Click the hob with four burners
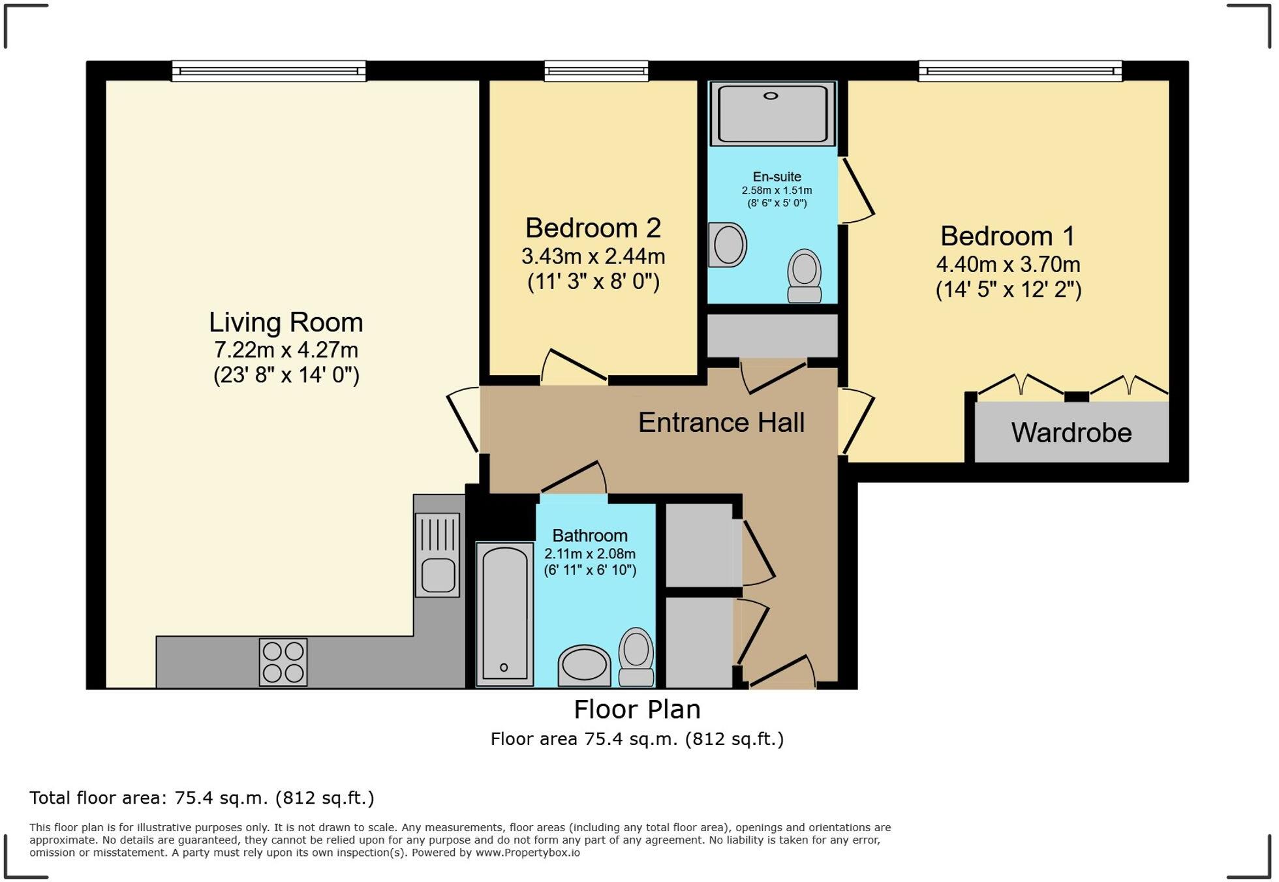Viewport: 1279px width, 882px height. click(283, 661)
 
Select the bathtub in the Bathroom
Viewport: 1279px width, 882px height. click(504, 613)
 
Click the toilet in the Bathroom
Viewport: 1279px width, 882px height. click(636, 656)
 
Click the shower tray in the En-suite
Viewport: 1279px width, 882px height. click(773, 113)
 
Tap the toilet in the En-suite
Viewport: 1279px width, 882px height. click(805, 276)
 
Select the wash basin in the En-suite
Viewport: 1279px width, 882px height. click(728, 245)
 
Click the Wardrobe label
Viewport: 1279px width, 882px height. click(1071, 433)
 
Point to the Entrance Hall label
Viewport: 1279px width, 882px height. click(721, 422)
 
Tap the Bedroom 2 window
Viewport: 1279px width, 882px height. click(596, 70)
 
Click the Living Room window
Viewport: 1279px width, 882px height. click(268, 70)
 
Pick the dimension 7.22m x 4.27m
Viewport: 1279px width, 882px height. click(286, 350)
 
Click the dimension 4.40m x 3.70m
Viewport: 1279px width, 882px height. click(1008, 264)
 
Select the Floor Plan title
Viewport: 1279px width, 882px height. click(637, 709)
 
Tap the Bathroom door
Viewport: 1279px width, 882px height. click(572, 478)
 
